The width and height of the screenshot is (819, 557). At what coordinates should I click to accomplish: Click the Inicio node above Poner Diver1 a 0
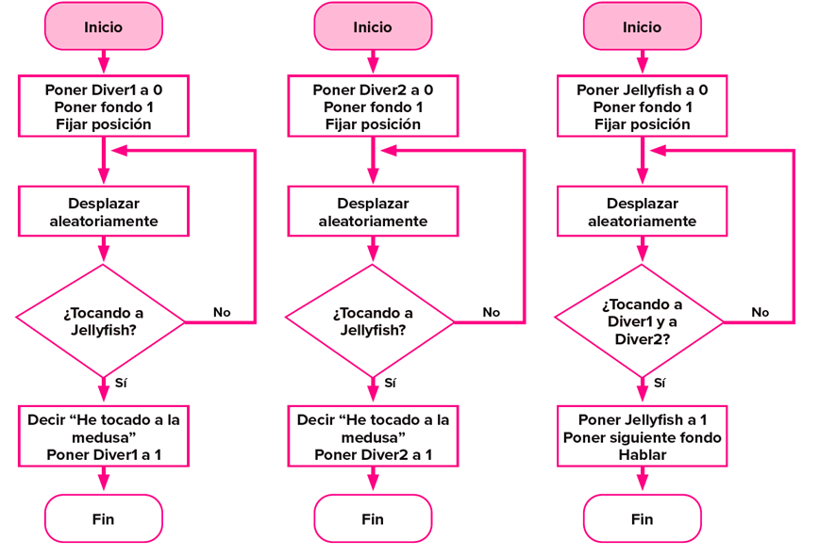pos(103,26)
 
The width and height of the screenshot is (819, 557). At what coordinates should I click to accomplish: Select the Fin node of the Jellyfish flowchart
pos(642,518)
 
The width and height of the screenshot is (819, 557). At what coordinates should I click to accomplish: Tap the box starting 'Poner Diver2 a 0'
pos(373,106)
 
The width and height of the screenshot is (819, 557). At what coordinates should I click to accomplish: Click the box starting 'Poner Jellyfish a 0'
pos(642,106)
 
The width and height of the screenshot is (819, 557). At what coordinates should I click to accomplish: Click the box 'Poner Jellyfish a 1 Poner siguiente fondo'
pos(642,436)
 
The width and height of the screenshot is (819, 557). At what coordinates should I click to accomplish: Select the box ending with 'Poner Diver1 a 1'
pos(104,436)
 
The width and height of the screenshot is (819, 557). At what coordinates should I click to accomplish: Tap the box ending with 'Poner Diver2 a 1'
pos(373,436)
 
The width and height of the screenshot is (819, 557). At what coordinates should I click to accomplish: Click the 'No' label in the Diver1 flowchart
pos(221,312)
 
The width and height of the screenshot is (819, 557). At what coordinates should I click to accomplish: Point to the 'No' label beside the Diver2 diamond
pos(491,312)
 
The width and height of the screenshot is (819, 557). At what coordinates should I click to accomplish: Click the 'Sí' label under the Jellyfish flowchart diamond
pos(660,383)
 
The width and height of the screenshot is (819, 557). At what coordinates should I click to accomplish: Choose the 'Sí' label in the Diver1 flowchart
pos(121,383)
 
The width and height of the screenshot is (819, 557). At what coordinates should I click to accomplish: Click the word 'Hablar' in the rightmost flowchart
pos(642,454)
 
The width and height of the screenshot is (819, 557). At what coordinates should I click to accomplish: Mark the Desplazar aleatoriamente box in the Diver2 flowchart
pos(373,212)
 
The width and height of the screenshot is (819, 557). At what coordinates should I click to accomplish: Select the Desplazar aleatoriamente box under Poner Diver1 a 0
pos(104,212)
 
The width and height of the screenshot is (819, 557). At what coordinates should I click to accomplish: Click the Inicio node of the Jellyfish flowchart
pos(642,26)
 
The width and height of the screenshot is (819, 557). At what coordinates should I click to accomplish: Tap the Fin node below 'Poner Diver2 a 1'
pos(373,518)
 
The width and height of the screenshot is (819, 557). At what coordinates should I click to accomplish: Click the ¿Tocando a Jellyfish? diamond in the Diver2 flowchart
pos(372,321)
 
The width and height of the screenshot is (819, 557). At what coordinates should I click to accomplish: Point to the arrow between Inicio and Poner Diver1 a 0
pos(104,62)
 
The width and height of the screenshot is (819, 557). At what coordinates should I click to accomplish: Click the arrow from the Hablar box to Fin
pos(642,480)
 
